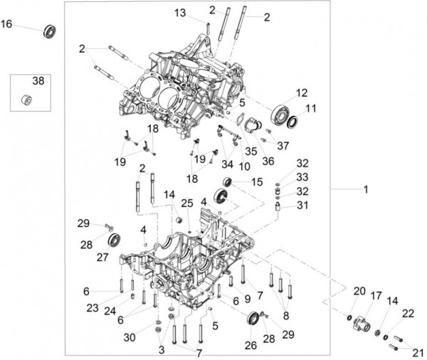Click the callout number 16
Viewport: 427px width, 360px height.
click(6, 24)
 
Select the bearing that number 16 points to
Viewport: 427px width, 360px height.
click(50, 31)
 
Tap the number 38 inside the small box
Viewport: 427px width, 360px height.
click(38, 81)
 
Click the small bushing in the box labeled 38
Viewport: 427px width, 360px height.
click(27, 100)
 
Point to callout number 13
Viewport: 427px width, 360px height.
click(180, 13)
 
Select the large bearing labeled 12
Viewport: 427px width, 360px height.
click(280, 115)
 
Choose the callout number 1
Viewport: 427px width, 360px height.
click(366, 189)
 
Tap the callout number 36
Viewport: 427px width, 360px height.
click(268, 161)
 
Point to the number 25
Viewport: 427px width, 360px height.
click(187, 203)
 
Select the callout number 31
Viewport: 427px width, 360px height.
click(302, 205)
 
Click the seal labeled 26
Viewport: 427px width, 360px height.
click(253, 319)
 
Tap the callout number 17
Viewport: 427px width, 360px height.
click(376, 295)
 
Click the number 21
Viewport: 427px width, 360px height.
click(418, 353)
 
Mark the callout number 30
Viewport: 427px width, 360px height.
click(130, 337)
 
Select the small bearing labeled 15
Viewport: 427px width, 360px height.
click(227, 182)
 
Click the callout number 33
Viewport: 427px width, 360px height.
click(302, 177)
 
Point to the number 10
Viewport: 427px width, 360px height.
click(244, 166)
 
